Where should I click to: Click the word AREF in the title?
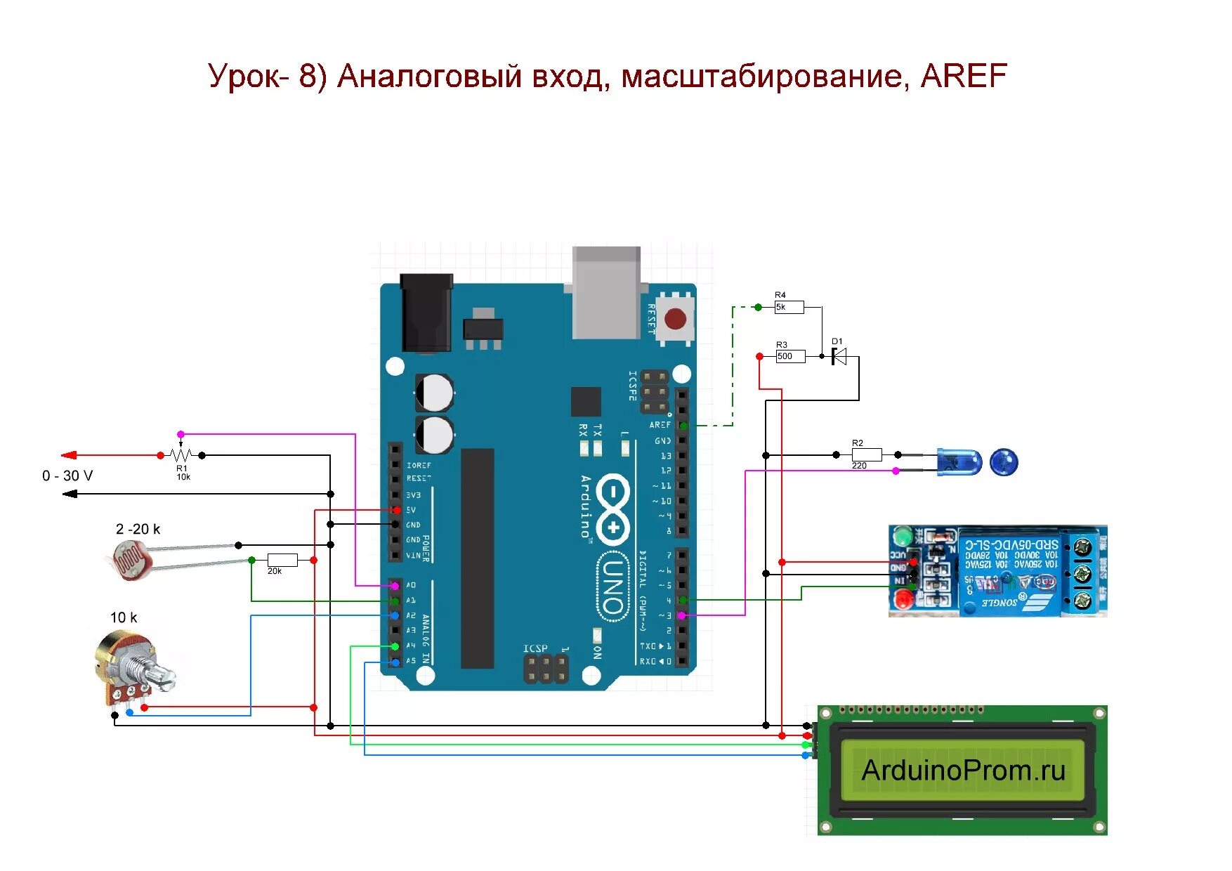[x=963, y=76]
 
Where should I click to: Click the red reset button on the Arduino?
[x=675, y=319]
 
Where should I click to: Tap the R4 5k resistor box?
[x=789, y=307]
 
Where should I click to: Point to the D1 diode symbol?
[x=839, y=357]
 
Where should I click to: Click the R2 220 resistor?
[x=867, y=455]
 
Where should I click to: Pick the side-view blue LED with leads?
[x=959, y=462]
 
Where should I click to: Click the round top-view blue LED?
[x=1003, y=462]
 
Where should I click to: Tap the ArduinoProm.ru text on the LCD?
[x=963, y=771]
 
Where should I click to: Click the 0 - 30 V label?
[x=67, y=476]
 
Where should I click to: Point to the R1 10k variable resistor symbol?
[x=181, y=455]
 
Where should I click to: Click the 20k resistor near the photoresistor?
[x=282, y=560]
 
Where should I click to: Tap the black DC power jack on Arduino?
[x=426, y=313]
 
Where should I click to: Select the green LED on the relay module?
[x=900, y=537]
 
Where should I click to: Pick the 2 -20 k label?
[x=138, y=529]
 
